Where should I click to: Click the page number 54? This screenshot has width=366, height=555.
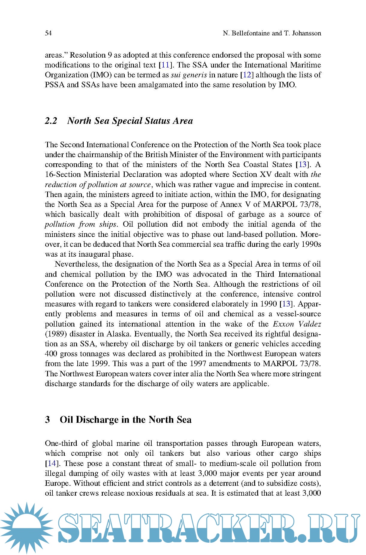48,33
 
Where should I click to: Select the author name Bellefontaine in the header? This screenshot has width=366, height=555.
249,33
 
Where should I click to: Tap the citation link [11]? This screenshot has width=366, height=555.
165,65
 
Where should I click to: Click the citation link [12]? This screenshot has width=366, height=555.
247,75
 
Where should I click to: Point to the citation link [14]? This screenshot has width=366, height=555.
51,464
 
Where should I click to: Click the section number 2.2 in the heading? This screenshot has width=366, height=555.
51,121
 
